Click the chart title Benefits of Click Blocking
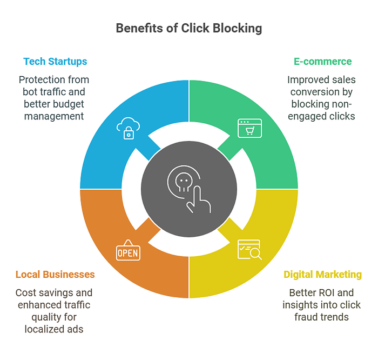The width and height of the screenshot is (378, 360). point(188,29)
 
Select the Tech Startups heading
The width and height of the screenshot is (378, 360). point(56,62)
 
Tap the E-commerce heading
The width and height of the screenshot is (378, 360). point(322,62)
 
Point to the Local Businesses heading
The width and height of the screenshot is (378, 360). point(55,275)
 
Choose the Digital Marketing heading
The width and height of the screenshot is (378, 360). point(322,275)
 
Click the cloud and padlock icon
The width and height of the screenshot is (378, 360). point(128,129)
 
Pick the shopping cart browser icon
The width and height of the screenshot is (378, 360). point(249,129)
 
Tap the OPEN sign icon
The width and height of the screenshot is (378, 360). point(128,251)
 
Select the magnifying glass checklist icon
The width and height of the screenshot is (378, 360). point(249,249)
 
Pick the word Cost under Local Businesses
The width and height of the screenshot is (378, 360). point(25,293)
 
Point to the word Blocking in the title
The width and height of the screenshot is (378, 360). point(238,29)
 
